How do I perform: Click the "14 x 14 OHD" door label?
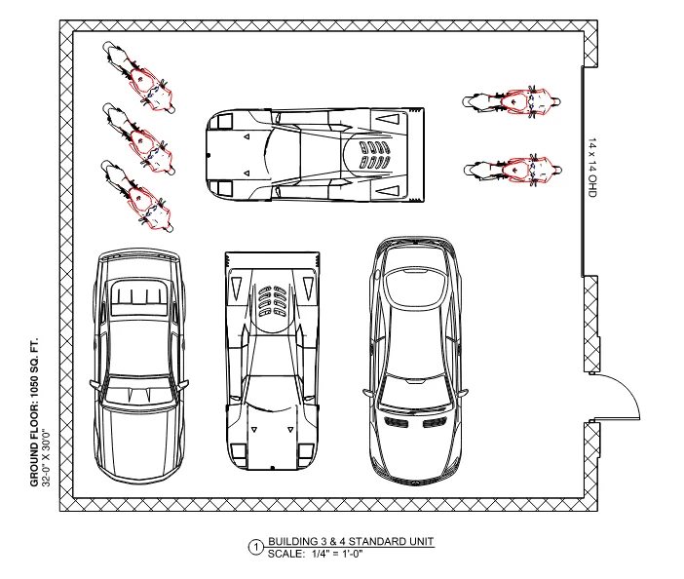click(x=592, y=168)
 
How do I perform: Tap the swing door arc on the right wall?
click(x=628, y=390)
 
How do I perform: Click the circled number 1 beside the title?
click(x=256, y=548)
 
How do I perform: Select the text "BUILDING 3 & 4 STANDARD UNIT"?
click(x=351, y=542)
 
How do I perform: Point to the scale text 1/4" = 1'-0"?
click(x=337, y=554)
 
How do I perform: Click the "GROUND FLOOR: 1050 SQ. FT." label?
click(x=34, y=412)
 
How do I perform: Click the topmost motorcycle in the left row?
click(x=138, y=77)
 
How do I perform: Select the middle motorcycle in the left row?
click(x=138, y=139)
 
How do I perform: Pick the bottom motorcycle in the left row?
click(x=137, y=196)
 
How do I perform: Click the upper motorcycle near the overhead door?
click(x=512, y=101)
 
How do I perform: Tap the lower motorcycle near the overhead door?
click(x=513, y=170)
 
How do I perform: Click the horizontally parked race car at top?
click(x=315, y=155)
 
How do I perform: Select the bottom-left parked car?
click(x=138, y=367)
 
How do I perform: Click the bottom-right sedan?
click(x=415, y=362)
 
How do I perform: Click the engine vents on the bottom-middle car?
click(x=273, y=300)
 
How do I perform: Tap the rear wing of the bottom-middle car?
click(x=272, y=260)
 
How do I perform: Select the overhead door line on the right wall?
click(x=583, y=171)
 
